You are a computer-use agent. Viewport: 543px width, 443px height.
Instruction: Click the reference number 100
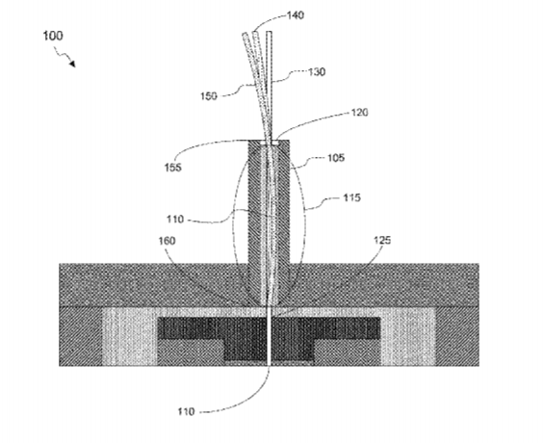tap(53, 36)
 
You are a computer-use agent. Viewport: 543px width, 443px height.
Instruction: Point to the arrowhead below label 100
tap(72, 64)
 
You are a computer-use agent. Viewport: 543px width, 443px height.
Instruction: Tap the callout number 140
tap(296, 15)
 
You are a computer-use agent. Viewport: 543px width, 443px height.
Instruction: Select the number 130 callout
tap(317, 71)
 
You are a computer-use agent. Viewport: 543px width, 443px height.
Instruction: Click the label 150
tap(209, 96)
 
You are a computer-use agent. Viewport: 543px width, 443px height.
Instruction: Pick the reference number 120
tap(360, 113)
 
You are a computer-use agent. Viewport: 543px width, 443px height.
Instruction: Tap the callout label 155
tap(172, 168)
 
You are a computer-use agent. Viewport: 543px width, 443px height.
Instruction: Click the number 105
tap(336, 158)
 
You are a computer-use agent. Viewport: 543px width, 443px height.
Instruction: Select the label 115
tap(351, 197)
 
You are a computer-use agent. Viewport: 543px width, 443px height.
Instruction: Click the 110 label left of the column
tap(175, 220)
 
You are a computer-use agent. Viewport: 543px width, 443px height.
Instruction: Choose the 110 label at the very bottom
tap(187, 411)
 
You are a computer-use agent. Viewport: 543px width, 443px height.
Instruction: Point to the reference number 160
tap(167, 241)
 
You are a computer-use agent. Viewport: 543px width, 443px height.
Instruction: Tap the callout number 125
tap(382, 240)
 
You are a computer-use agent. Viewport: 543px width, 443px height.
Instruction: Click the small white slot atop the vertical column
tap(269, 143)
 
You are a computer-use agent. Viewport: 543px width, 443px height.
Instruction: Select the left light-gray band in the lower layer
tap(130, 336)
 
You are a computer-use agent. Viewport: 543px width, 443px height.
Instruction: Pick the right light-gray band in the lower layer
tap(408, 336)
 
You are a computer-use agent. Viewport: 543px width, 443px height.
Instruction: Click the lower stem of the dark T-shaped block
tap(269, 350)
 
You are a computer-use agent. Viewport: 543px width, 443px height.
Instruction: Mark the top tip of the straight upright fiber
tap(269, 32)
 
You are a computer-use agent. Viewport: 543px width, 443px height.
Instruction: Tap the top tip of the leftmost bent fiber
tap(246, 34)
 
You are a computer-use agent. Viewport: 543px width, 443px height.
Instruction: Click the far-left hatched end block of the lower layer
tap(80, 336)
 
